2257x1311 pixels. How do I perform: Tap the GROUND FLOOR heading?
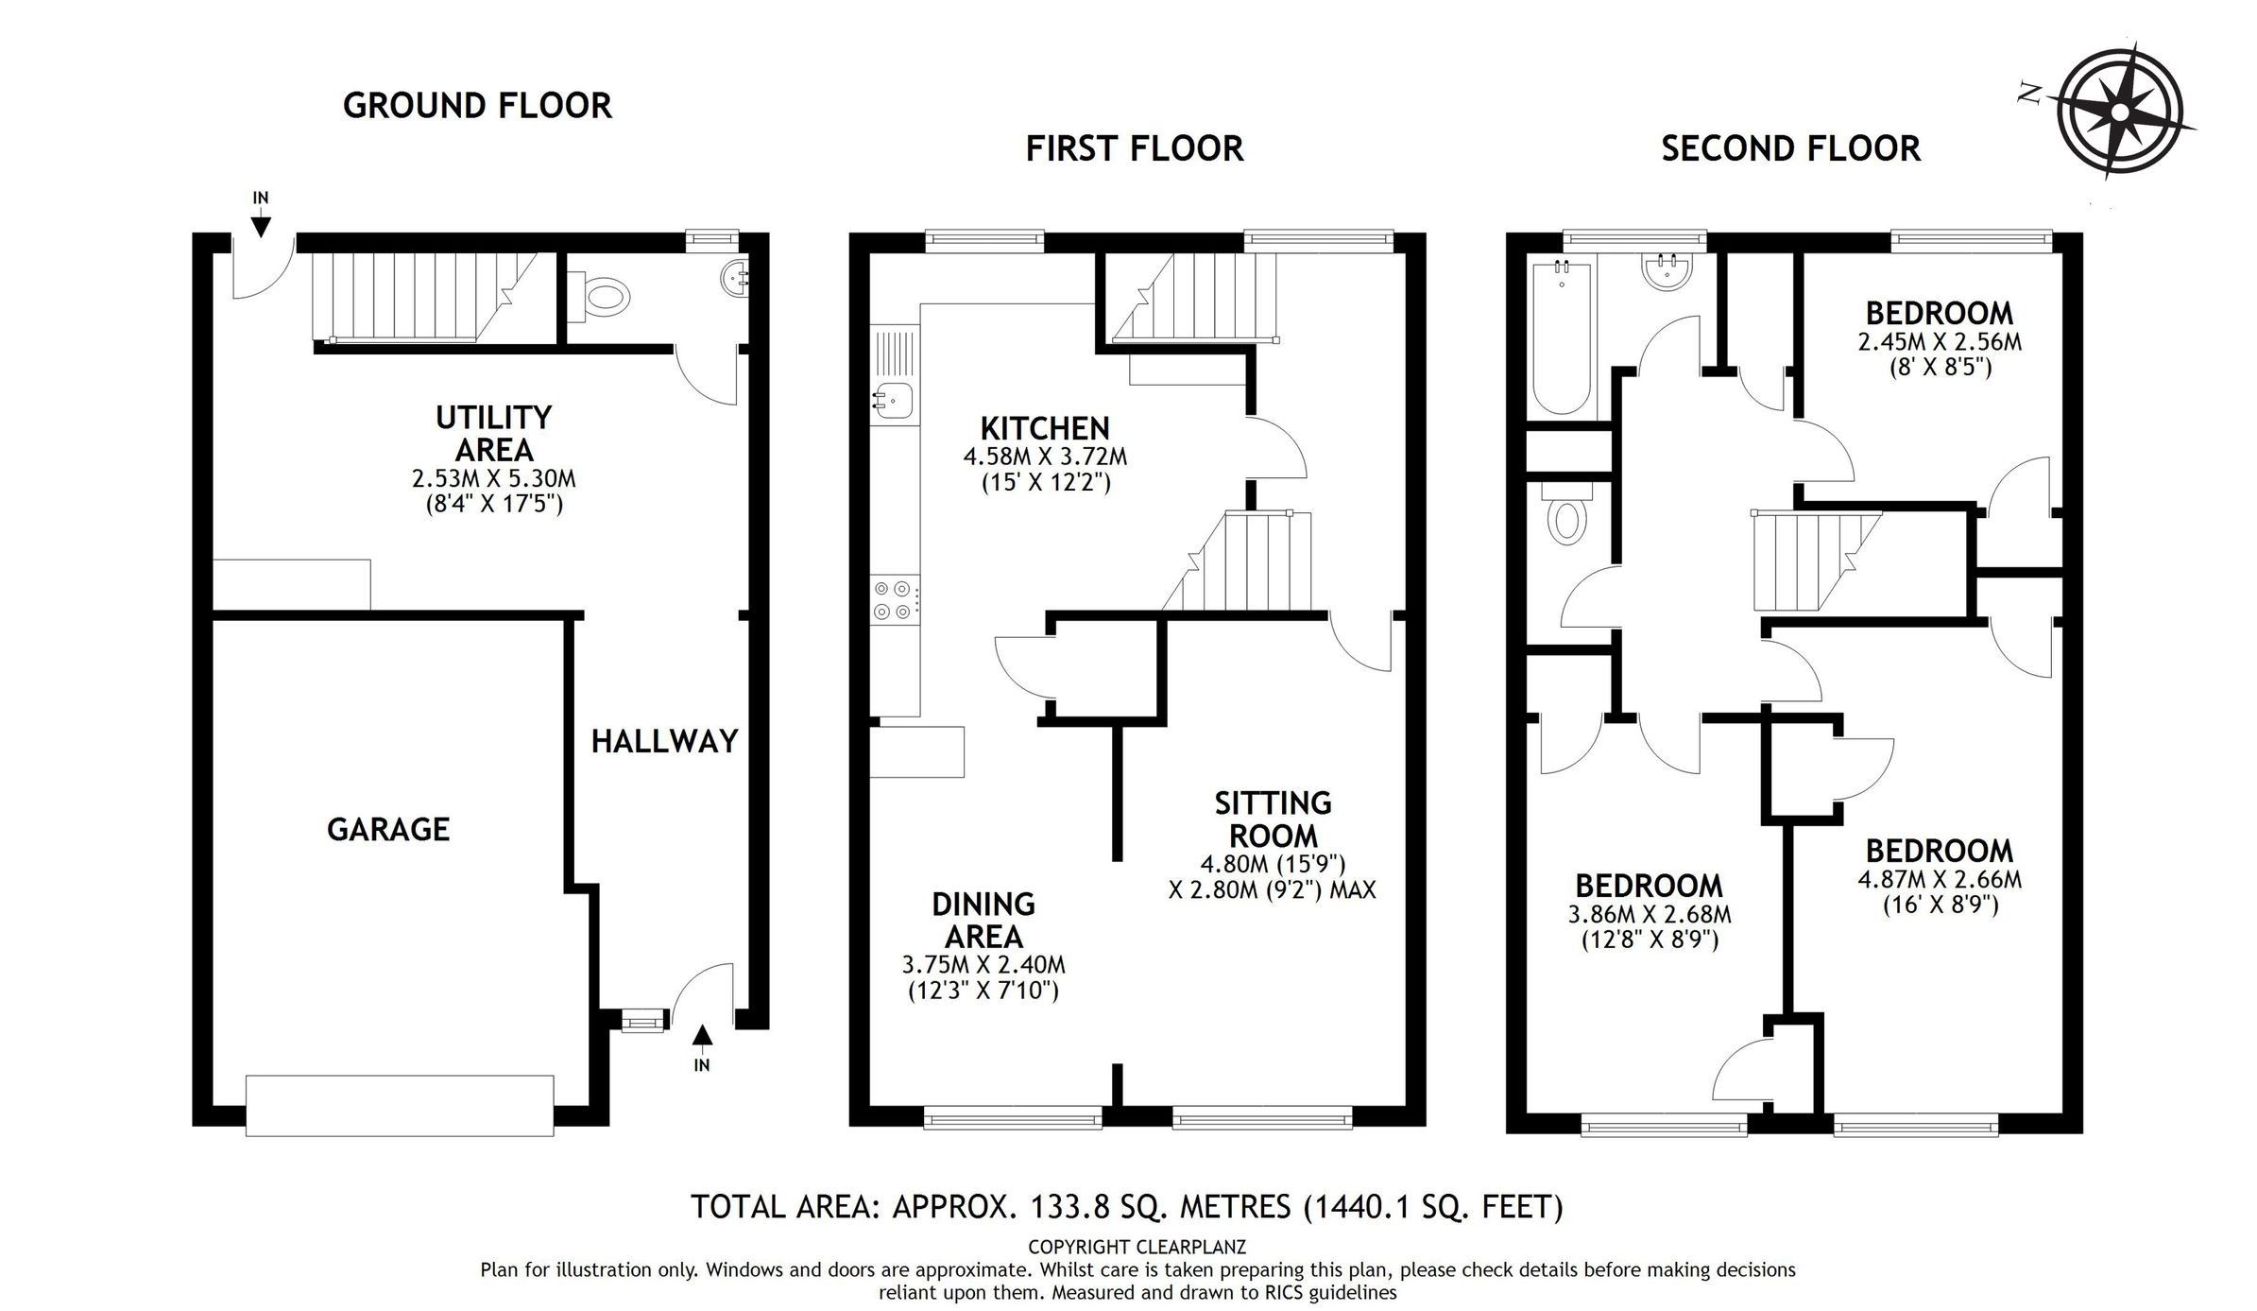coord(477,105)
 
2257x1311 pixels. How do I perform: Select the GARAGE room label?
coord(387,829)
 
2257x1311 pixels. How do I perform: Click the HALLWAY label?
coord(664,741)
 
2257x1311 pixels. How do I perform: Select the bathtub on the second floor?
coord(1560,339)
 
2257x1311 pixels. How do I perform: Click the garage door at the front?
coord(399,1104)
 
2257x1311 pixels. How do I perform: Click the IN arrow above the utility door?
coord(261,225)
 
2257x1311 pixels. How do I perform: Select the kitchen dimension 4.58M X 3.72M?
coord(1044,457)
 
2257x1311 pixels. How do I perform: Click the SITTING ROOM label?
coord(1273,819)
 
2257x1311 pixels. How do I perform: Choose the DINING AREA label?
coord(983,920)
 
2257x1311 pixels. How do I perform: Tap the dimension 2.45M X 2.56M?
coord(1940,342)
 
